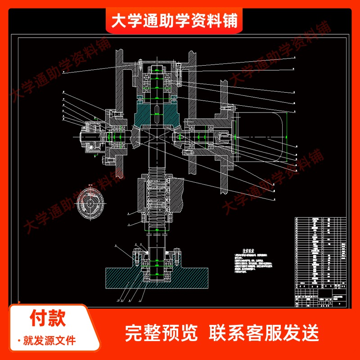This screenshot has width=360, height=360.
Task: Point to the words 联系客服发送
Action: [x=264, y=333]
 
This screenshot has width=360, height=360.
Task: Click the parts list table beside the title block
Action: [x=322, y=252]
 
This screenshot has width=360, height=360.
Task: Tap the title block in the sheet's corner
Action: [x=322, y=299]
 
